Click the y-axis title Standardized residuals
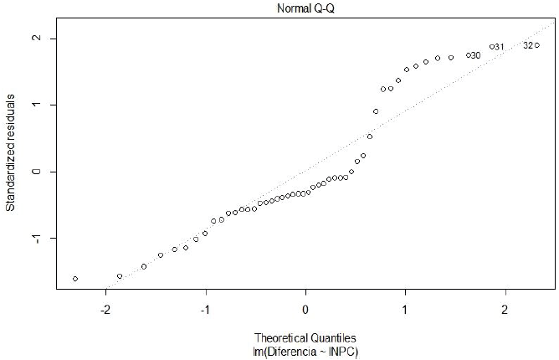pos(12,147)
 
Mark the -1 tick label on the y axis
pos(35,238)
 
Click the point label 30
pos(475,55)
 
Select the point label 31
pos(499,47)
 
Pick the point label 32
pos(527,45)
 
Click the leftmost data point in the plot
pos(75,278)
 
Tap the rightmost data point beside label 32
pos(536,45)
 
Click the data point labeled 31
pos(492,47)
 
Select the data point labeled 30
pos(469,55)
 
